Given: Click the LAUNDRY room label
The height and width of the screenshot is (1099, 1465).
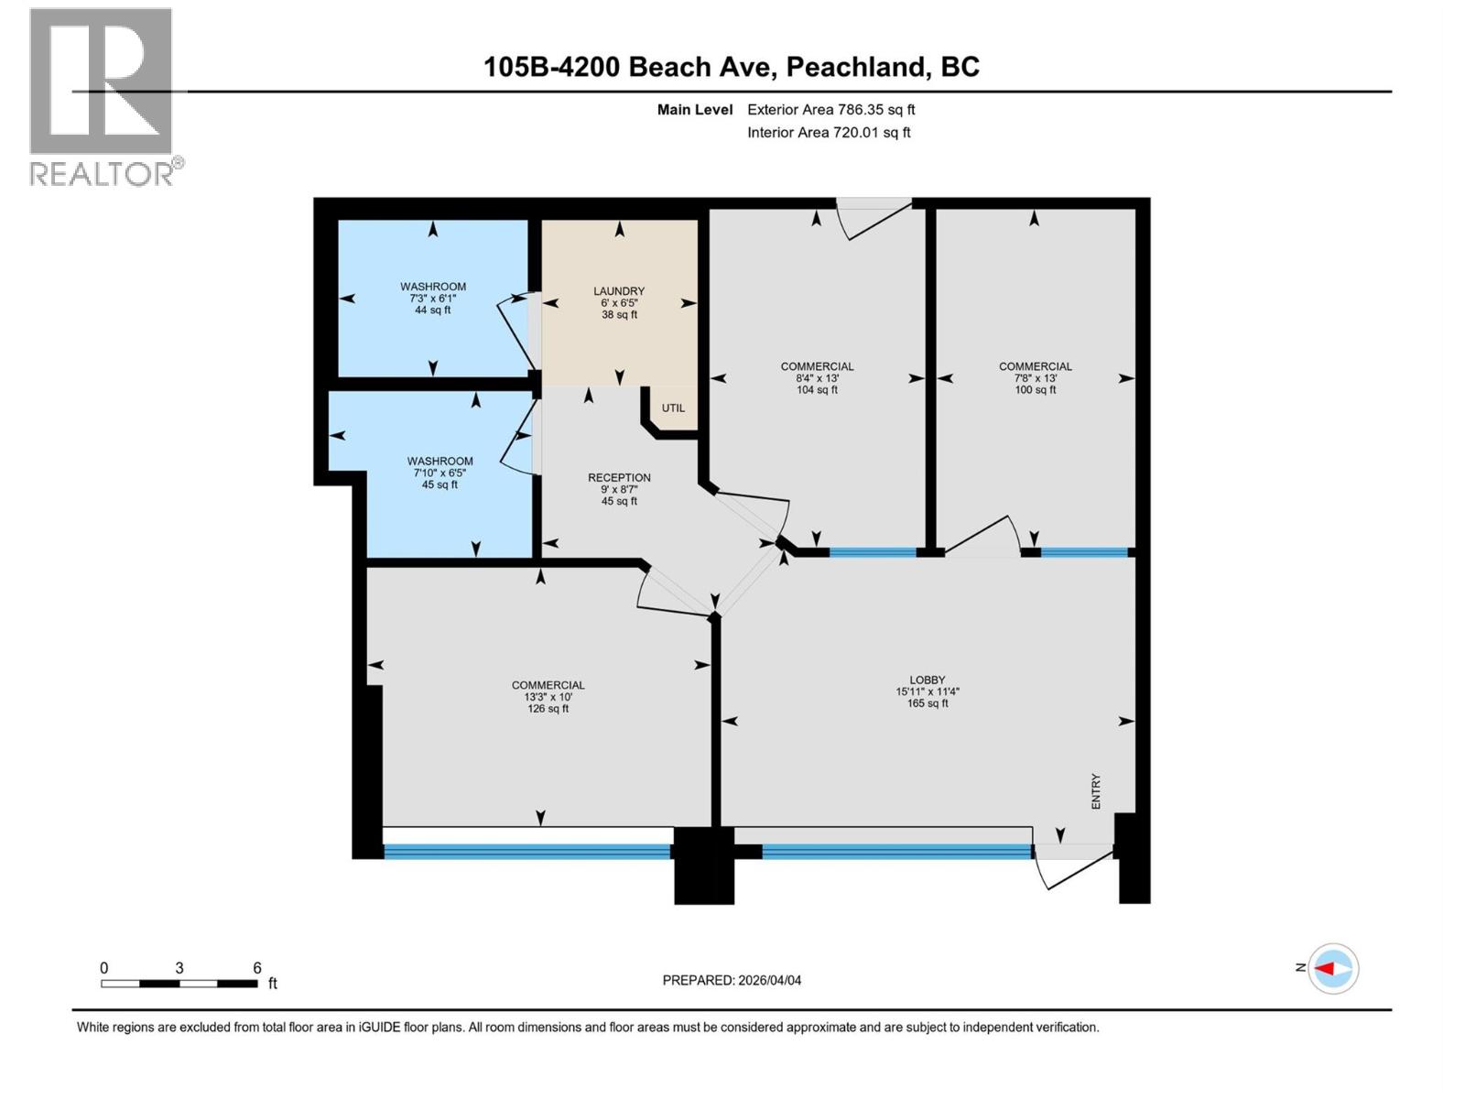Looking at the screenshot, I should click(x=619, y=291).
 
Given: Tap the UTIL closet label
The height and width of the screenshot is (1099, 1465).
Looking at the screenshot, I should click(x=673, y=408).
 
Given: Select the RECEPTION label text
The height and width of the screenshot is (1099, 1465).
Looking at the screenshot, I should click(x=619, y=477).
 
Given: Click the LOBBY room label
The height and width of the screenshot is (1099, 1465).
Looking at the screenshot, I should click(x=927, y=680).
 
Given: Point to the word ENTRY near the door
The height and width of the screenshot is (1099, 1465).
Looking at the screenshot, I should click(x=1096, y=791).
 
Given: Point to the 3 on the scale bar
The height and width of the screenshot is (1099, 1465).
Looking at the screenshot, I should click(x=179, y=968).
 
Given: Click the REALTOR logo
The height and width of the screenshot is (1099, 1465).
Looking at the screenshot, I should click(x=103, y=96).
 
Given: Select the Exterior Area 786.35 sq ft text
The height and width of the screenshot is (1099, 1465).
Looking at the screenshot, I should click(x=830, y=109).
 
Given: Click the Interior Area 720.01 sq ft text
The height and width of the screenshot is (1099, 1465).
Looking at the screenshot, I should click(x=829, y=132).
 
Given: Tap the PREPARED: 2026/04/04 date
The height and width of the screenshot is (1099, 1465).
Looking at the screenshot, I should click(x=732, y=980).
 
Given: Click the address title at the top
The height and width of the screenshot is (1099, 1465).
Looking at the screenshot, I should click(x=732, y=67).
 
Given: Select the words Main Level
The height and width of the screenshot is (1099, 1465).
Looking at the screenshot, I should click(x=694, y=109).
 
